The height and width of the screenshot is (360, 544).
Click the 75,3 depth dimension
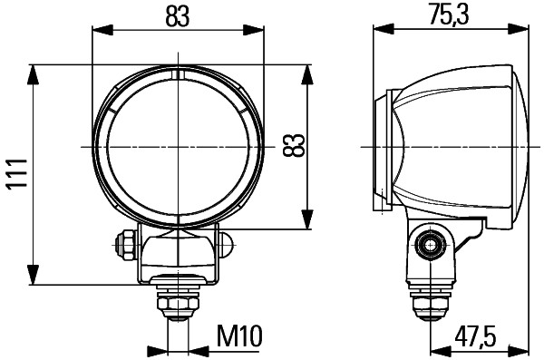pos(449,15)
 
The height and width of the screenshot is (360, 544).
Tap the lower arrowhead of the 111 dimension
pos(33,277)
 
